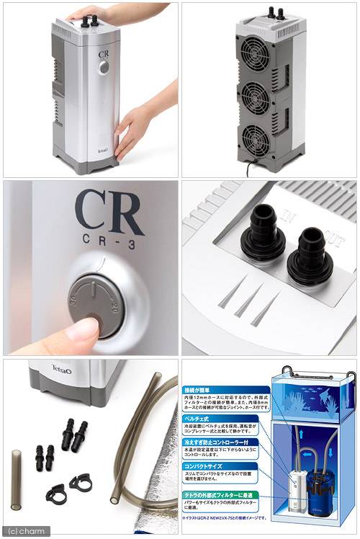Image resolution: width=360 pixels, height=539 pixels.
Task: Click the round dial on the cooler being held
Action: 104,66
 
